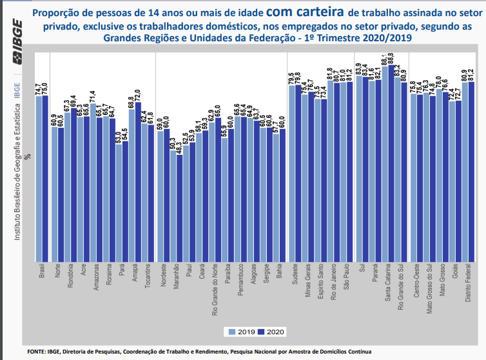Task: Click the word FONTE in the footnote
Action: coord(36,352)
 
